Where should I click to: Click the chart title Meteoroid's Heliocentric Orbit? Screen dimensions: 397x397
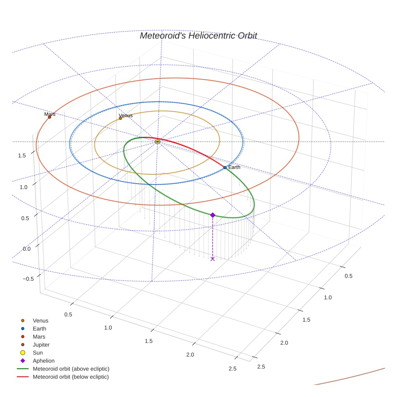pos(198,36)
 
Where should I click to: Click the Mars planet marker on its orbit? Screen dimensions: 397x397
pos(50,117)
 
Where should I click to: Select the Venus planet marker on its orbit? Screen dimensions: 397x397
pos(120,118)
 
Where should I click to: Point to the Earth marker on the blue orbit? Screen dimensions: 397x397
pos(225,167)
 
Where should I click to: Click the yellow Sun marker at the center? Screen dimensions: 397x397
pos(157,142)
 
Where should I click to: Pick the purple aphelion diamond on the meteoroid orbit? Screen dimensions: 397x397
pos(213,215)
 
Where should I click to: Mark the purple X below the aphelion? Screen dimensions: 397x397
pos(213,259)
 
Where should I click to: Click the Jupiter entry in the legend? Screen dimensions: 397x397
pos(41,345)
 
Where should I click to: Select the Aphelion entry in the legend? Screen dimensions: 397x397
pos(43,361)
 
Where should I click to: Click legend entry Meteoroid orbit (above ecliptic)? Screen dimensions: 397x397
pos(71,369)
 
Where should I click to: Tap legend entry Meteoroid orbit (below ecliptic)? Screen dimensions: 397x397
pos(71,377)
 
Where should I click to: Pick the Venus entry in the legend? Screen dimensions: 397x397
pos(40,321)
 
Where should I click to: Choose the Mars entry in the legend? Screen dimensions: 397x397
pos(39,336)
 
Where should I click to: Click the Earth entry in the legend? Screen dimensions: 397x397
pos(39,329)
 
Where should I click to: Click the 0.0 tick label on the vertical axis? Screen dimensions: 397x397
pos(26,249)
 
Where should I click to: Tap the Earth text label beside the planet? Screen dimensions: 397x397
pos(234,167)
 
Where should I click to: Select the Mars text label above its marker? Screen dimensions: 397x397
pos(50,114)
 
